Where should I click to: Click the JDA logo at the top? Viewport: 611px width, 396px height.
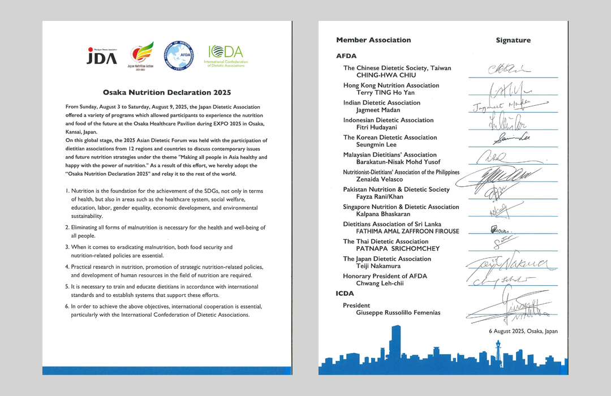tap(102, 55)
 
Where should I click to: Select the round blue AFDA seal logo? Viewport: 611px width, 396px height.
tap(178, 55)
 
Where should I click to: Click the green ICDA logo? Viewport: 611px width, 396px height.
tap(227, 56)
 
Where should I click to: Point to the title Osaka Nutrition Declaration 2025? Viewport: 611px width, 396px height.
tap(167, 92)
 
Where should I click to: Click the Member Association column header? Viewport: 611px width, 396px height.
tap(373, 40)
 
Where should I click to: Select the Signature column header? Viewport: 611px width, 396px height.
tap(513, 40)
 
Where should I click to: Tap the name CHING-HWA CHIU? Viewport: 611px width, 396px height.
tap(386, 75)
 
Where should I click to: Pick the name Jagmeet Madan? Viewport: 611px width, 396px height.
tap(378, 110)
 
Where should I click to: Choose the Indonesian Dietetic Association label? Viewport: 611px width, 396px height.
tap(388, 120)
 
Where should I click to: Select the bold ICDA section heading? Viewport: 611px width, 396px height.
tap(345, 294)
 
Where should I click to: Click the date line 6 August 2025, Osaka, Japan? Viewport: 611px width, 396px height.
tap(523, 332)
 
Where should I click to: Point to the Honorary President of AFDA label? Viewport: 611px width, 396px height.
tap(385, 276)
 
